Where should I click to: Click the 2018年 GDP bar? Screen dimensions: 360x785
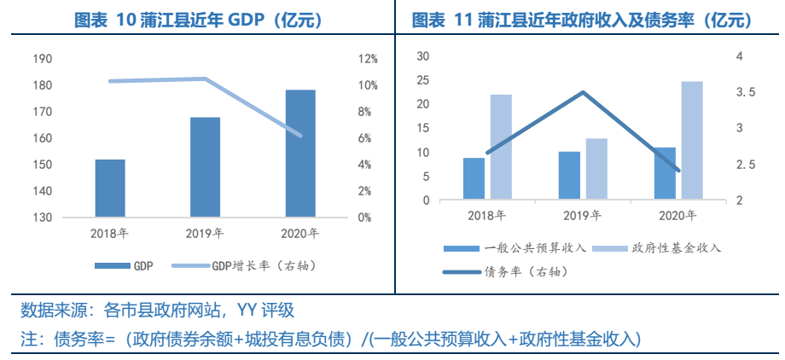tap(110, 188)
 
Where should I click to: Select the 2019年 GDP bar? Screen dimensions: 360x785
tap(205, 167)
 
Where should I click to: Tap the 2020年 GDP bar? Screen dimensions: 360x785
tap(300, 154)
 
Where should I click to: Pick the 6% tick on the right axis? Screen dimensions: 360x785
tap(364, 138)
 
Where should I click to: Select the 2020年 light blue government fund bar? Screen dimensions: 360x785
tap(692, 141)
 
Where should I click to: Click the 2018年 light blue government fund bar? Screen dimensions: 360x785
tap(501, 147)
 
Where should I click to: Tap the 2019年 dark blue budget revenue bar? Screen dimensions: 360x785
tap(569, 176)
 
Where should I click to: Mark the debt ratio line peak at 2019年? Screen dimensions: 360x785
tap(583, 92)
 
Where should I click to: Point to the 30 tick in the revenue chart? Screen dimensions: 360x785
tap(422, 56)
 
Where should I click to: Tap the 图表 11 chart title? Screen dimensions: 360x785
tap(583, 20)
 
